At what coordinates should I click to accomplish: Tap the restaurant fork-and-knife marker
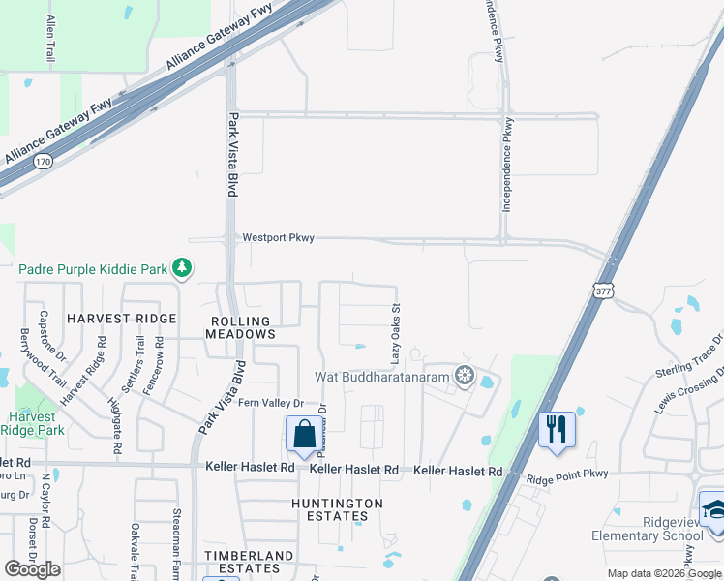click(x=556, y=428)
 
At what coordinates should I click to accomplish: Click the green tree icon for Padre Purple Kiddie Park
click(x=181, y=267)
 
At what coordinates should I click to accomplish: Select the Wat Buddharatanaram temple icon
click(x=466, y=376)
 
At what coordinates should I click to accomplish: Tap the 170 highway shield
click(x=42, y=161)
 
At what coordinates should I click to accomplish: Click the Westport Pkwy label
click(x=278, y=237)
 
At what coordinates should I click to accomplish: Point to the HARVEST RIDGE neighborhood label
click(x=122, y=319)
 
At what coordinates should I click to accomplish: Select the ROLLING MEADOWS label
click(x=241, y=325)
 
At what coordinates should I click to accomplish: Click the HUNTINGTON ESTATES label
click(x=338, y=509)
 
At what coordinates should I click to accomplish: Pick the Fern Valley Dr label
click(x=271, y=404)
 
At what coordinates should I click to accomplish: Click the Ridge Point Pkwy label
click(x=566, y=478)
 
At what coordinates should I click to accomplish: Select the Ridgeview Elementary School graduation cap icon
click(x=712, y=507)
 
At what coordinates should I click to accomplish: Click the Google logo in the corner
click(x=32, y=568)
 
